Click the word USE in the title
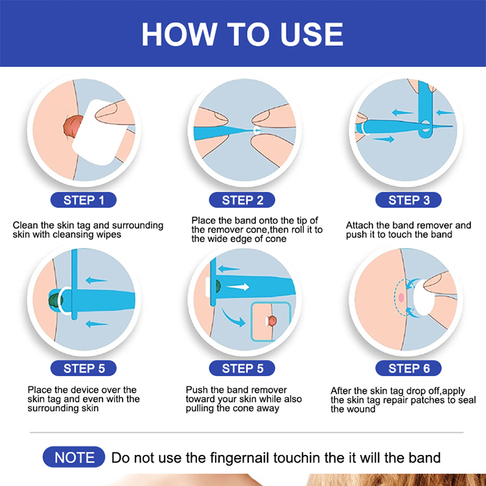(312, 34)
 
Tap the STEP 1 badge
(84, 200)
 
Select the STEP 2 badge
(242, 200)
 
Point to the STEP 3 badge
(408, 200)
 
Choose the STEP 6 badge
(408, 368)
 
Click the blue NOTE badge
(74, 457)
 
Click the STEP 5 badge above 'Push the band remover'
(242, 368)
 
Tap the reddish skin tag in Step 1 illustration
(73, 126)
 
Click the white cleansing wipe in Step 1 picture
(99, 132)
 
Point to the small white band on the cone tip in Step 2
(257, 130)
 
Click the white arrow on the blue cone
(238, 286)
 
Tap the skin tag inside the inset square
(272, 321)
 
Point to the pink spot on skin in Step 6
(401, 297)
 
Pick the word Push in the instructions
(196, 390)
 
